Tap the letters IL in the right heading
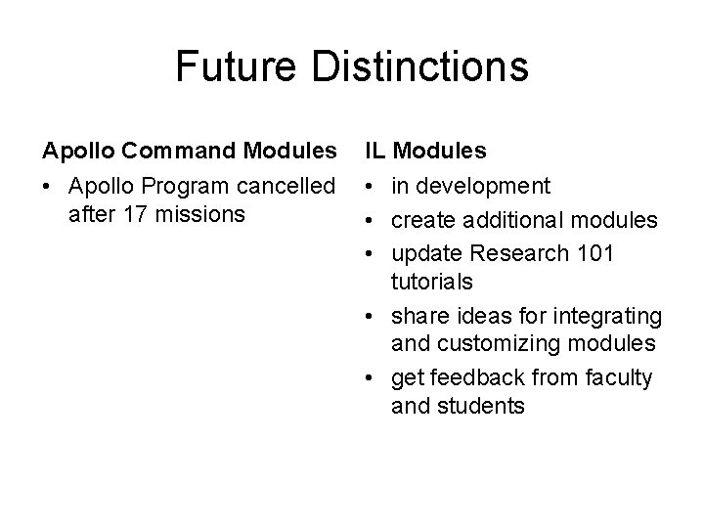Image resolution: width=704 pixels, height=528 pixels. (x=375, y=152)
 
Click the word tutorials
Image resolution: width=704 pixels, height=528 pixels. (x=431, y=282)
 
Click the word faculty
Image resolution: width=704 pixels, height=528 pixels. (x=618, y=377)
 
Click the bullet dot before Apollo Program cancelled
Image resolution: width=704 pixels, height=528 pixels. (x=48, y=186)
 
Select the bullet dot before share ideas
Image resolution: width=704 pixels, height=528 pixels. (x=373, y=316)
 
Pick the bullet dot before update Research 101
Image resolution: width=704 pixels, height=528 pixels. (x=373, y=253)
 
